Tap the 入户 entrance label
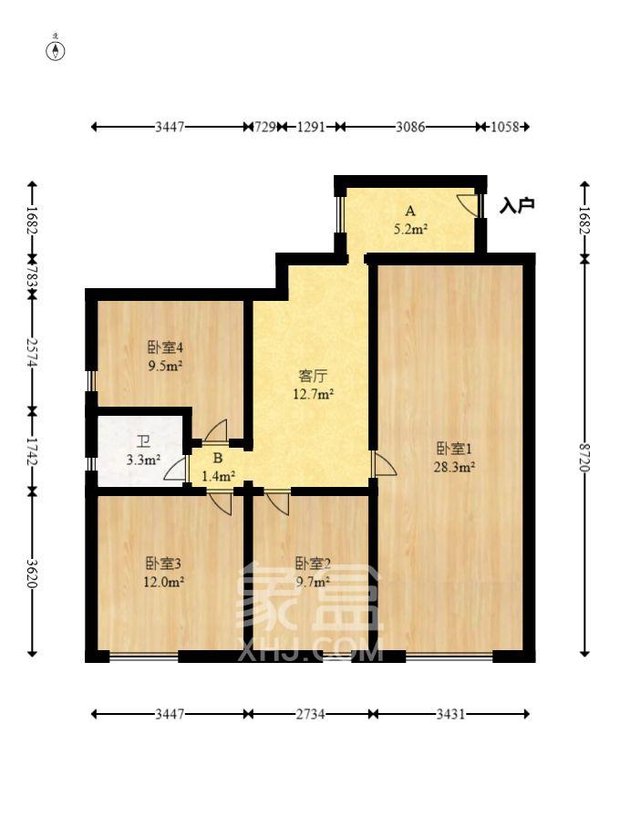517,206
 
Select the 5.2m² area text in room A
410,230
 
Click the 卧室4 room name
166,347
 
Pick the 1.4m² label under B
219,475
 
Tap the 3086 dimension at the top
409,127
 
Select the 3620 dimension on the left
33,574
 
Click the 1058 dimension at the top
503,127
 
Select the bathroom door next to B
174,469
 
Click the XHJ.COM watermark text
310,651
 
